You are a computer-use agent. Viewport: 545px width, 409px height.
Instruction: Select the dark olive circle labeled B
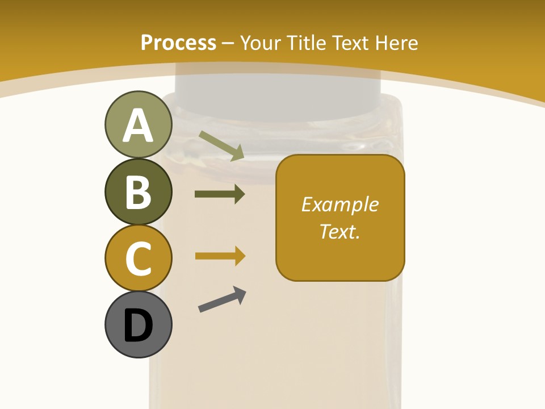(138, 192)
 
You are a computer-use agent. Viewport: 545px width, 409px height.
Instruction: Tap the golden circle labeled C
(138, 258)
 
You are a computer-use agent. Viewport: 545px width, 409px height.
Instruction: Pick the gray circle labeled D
(138, 324)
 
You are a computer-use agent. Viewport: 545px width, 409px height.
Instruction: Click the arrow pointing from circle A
(221, 145)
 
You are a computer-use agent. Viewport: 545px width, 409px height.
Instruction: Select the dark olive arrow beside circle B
(220, 194)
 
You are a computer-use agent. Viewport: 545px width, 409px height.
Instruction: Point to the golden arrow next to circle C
(220, 256)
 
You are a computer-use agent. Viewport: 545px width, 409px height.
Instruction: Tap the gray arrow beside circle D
(222, 299)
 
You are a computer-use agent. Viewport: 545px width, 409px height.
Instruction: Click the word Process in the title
(178, 43)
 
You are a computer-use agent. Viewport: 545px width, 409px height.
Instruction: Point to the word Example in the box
(339, 204)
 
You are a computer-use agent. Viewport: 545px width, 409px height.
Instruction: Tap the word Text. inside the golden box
(339, 231)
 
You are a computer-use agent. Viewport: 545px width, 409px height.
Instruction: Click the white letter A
(138, 126)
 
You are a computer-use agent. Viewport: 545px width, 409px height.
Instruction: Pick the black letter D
(138, 325)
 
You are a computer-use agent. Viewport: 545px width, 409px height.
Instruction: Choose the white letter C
(138, 258)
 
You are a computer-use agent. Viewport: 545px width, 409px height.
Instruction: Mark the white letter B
(138, 193)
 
